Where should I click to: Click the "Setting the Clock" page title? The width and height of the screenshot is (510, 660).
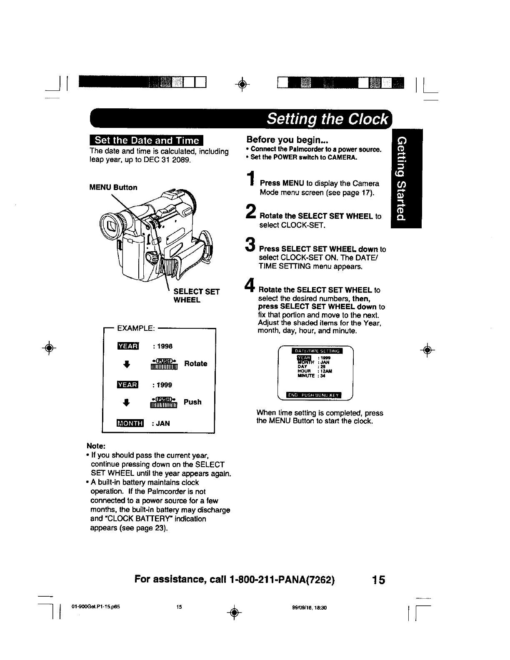click(328, 119)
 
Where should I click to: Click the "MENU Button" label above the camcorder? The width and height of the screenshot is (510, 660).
click(113, 187)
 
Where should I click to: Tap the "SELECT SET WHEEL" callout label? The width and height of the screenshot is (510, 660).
click(196, 295)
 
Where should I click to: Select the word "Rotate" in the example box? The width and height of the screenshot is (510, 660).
click(195, 363)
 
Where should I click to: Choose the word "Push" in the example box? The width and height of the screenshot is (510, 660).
click(192, 402)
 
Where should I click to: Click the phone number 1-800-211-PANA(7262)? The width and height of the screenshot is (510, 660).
click(281, 580)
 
